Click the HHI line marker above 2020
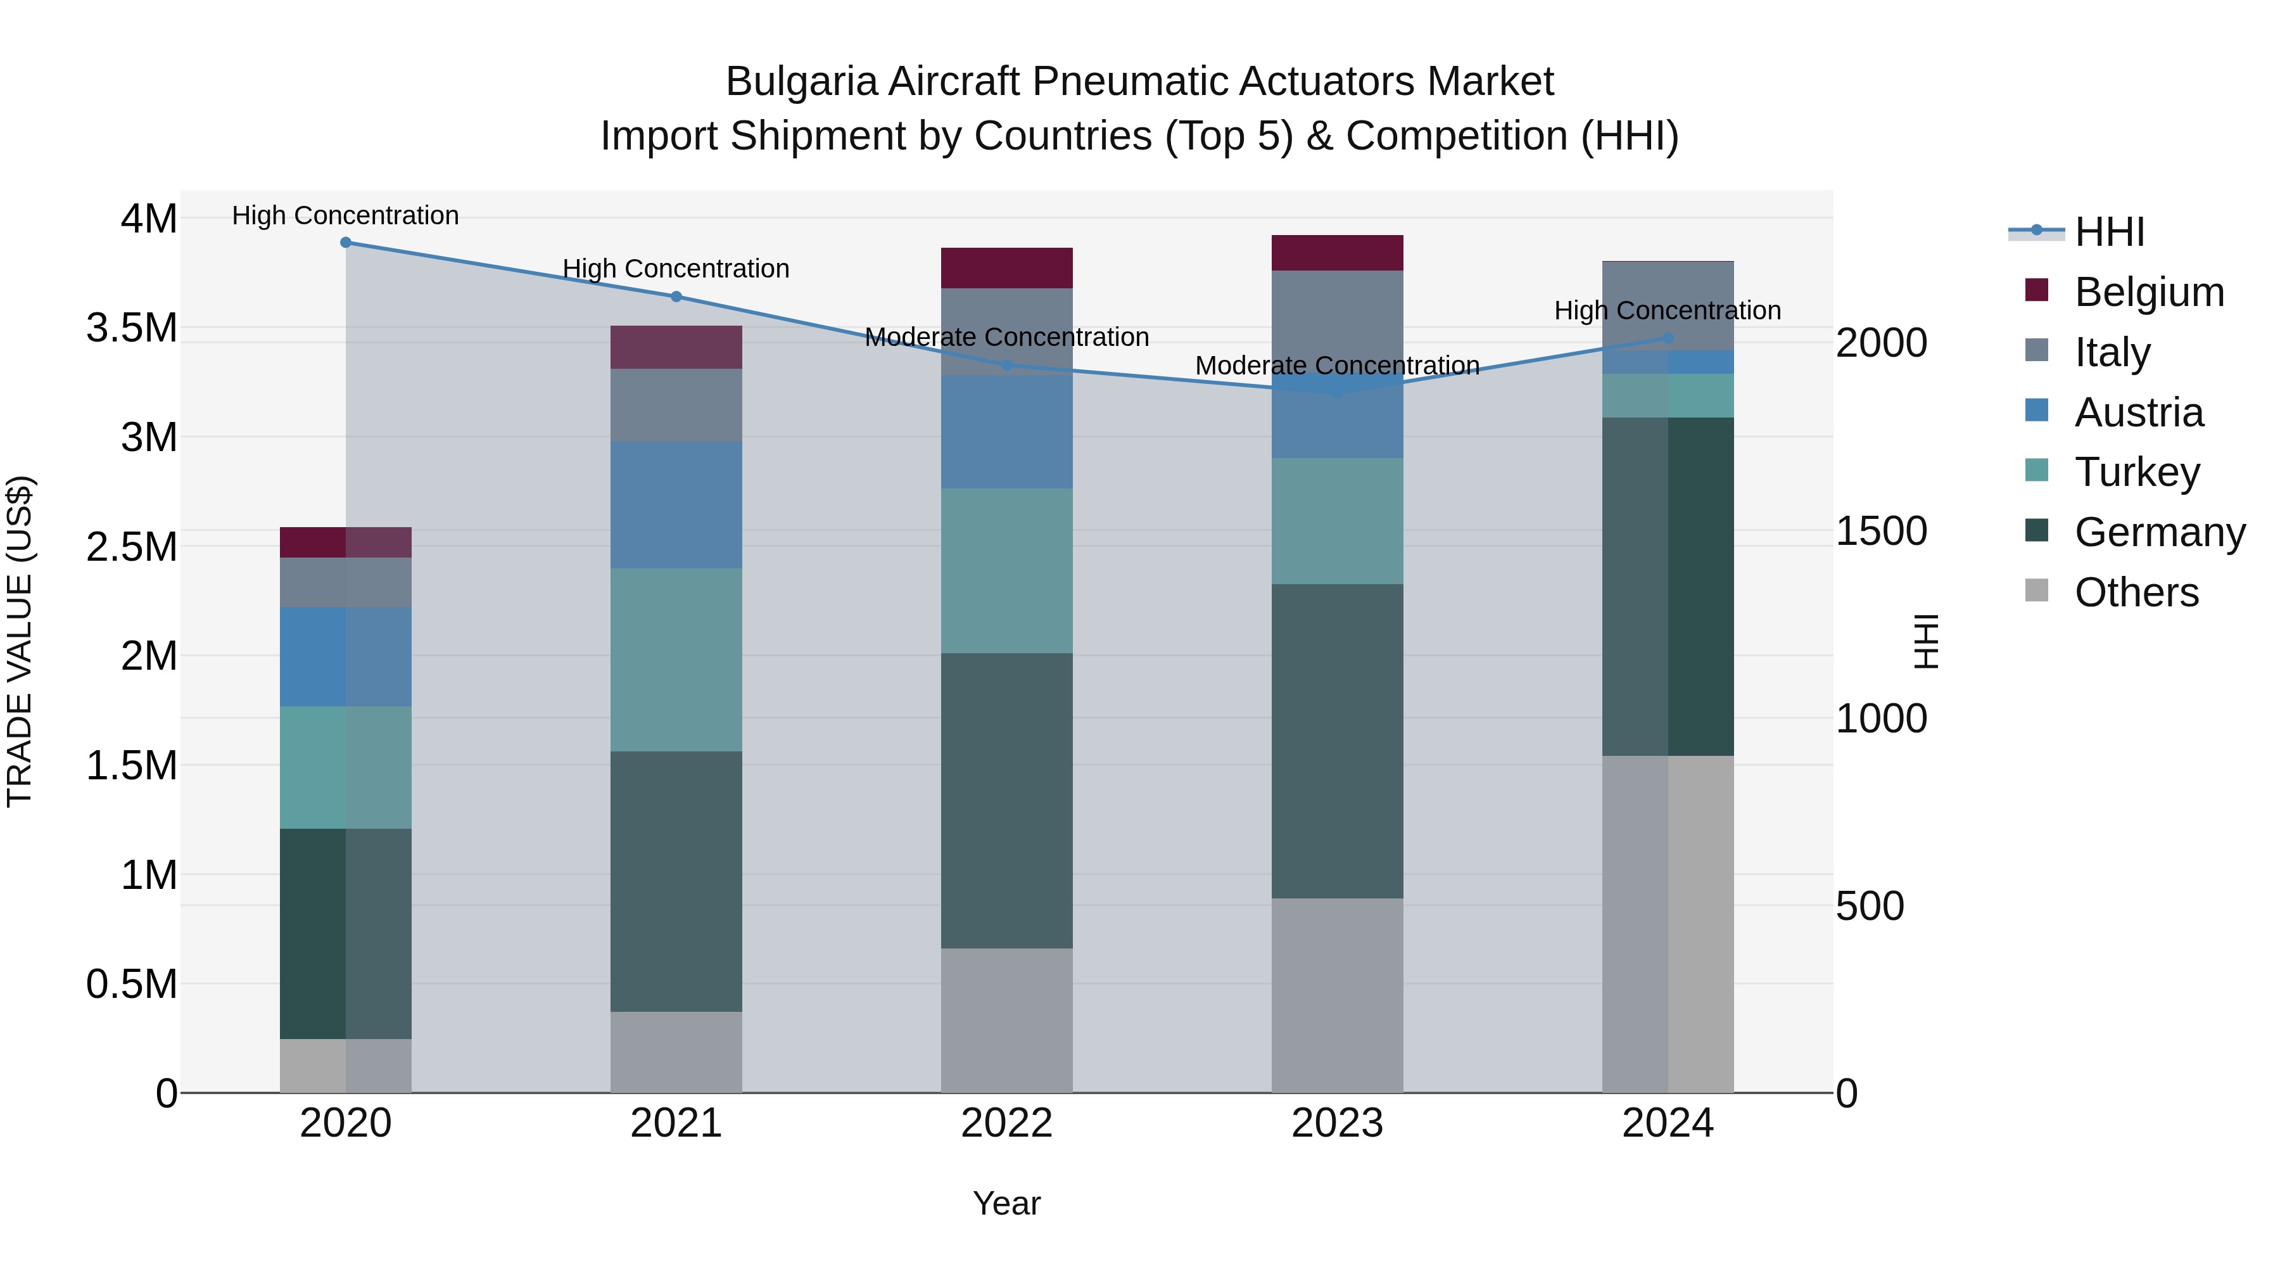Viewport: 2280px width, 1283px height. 346,243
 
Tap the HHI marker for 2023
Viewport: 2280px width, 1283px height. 1338,392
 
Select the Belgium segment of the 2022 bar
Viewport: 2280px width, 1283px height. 1006,268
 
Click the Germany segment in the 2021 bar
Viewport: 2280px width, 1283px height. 676,881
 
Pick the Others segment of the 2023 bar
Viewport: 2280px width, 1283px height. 1338,995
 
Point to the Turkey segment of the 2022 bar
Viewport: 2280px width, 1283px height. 1006,571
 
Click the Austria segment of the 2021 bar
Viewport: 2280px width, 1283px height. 676,505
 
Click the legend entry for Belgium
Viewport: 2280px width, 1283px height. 2148,292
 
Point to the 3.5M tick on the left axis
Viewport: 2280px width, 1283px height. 132,328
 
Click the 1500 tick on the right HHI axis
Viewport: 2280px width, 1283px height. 1881,532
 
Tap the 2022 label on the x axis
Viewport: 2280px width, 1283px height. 1006,1123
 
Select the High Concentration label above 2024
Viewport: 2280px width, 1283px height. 1668,311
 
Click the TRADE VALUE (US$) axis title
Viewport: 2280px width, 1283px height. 20,641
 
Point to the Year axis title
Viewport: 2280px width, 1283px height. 1006,1203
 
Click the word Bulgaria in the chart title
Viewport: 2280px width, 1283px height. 801,82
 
